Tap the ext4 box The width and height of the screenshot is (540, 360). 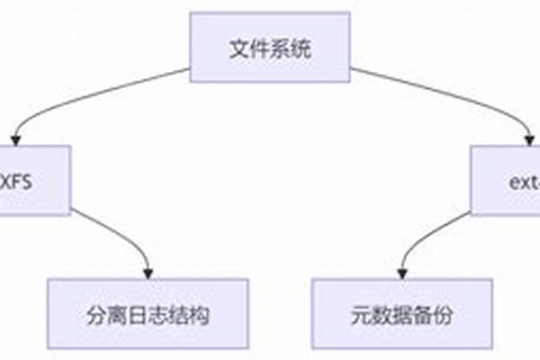pyautogui.click(x=508, y=180)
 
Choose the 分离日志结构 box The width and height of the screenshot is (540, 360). pyautogui.click(x=148, y=314)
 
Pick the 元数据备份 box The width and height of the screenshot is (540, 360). pyautogui.click(x=401, y=314)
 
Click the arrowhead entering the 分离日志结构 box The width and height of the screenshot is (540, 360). pyautogui.click(x=148, y=273)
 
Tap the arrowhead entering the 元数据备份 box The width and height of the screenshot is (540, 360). pyautogui.click(x=402, y=273)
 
